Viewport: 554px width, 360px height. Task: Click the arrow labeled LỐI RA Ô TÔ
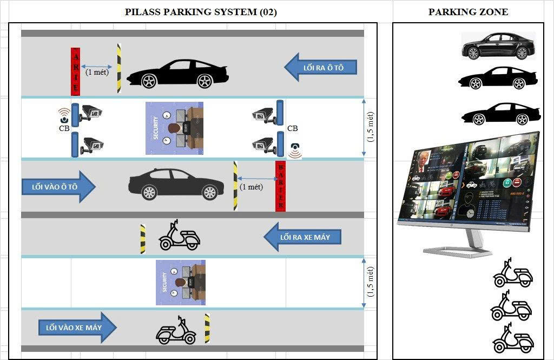(322, 67)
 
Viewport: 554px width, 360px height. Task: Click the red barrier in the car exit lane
(76, 71)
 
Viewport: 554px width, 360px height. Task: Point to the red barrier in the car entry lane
(280, 186)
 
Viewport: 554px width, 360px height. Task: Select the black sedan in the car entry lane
(176, 184)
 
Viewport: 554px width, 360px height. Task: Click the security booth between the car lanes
(174, 128)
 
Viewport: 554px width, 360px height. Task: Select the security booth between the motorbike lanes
(181, 283)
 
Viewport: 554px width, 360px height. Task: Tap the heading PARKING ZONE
(468, 12)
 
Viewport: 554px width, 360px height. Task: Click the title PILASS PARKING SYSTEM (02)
(201, 12)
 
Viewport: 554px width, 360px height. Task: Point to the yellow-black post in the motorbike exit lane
(143, 239)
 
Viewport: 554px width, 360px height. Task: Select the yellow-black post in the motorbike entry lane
(207, 328)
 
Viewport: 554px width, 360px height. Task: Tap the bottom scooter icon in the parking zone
(513, 339)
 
